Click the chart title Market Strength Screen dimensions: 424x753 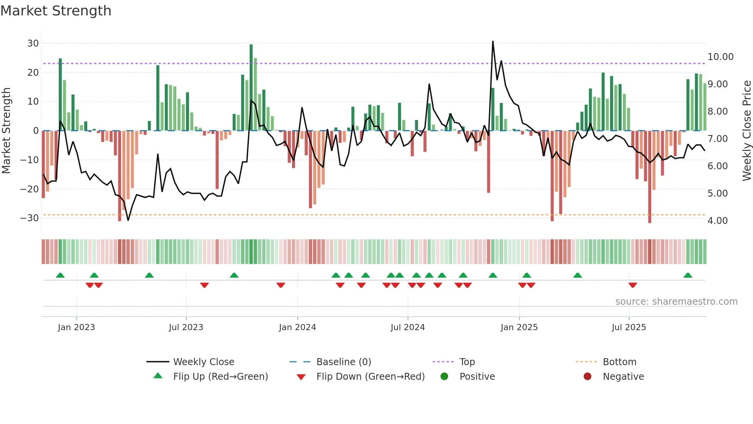56,11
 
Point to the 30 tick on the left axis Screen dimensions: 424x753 33,43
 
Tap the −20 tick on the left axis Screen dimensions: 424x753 30,189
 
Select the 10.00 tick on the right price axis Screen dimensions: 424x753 720,57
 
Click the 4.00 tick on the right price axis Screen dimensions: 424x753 717,221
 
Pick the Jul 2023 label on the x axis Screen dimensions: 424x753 186,327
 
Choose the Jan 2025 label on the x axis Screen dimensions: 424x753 519,327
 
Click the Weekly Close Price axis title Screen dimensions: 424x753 746,131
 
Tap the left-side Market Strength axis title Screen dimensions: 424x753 6,131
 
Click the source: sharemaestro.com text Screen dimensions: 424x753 676,302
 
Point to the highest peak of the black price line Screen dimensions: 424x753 493,42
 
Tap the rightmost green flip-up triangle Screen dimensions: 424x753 688,275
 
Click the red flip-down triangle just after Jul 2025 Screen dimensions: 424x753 633,285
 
